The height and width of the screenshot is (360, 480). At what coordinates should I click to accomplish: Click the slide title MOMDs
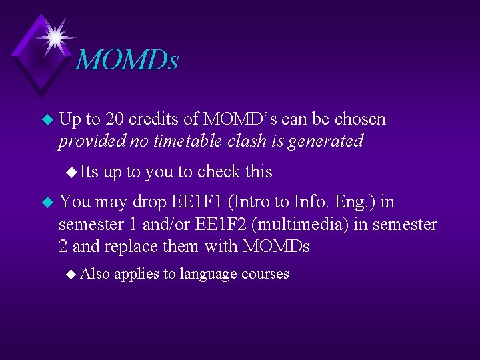coord(127,60)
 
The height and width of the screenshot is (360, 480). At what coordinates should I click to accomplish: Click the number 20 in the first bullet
coord(115,119)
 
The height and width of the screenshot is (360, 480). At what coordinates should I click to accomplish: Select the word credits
coord(153,119)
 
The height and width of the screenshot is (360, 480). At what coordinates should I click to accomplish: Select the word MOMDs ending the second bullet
coord(277,247)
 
